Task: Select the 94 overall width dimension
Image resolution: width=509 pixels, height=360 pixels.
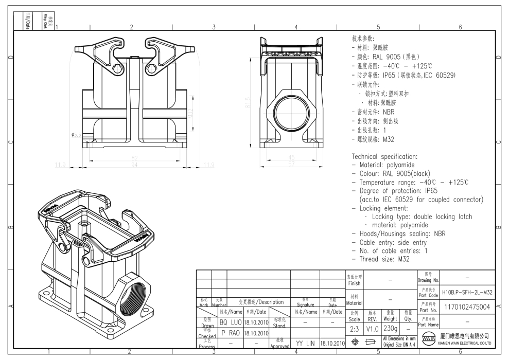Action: [135, 165]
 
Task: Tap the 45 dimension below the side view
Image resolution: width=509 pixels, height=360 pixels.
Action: [291, 158]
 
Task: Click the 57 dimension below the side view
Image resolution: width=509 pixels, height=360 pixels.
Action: [291, 165]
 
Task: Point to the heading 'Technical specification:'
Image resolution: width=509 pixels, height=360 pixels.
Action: [384, 156]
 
